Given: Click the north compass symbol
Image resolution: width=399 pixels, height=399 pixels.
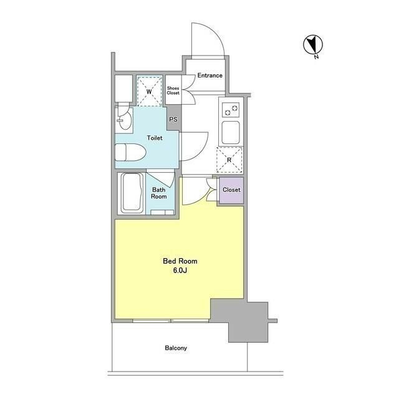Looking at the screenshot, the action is pyautogui.click(x=313, y=45).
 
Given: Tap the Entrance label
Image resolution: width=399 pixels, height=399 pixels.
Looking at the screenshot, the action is pyautogui.click(x=209, y=75).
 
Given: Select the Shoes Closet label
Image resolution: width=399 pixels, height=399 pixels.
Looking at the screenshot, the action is pyautogui.click(x=173, y=90).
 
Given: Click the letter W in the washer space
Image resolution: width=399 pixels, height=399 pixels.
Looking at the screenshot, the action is pyautogui.click(x=149, y=92).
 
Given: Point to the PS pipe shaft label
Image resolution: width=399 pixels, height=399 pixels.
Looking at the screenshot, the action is pyautogui.click(x=173, y=119).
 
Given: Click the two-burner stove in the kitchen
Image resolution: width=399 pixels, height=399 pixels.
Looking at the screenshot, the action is pyautogui.click(x=231, y=110).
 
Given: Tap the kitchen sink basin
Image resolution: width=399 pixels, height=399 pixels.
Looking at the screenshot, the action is pyautogui.click(x=231, y=133).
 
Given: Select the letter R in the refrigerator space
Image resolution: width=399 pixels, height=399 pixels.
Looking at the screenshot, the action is pyautogui.click(x=229, y=160).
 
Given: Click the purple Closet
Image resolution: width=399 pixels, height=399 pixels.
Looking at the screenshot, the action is pyautogui.click(x=231, y=190).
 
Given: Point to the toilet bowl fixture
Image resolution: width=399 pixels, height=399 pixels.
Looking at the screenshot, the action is pyautogui.click(x=130, y=152).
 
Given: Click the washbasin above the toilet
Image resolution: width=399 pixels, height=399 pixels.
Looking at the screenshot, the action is pyautogui.click(x=124, y=119).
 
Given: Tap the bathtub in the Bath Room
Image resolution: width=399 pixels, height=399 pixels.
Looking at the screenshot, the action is pyautogui.click(x=132, y=193).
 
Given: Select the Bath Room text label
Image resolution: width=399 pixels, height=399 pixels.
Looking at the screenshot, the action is pyautogui.click(x=159, y=193).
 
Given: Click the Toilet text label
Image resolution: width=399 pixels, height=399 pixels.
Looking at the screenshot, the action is pyautogui.click(x=155, y=138).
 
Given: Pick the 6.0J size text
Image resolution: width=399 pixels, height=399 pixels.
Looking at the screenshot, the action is pyautogui.click(x=180, y=271).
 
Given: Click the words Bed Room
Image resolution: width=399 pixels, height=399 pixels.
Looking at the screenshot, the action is pyautogui.click(x=180, y=261).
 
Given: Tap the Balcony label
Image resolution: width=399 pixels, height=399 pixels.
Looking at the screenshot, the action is pyautogui.click(x=176, y=348).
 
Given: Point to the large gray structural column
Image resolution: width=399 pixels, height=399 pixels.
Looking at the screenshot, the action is pyautogui.click(x=239, y=320).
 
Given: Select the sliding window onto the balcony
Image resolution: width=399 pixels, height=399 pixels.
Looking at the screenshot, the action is pyautogui.click(x=171, y=320).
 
